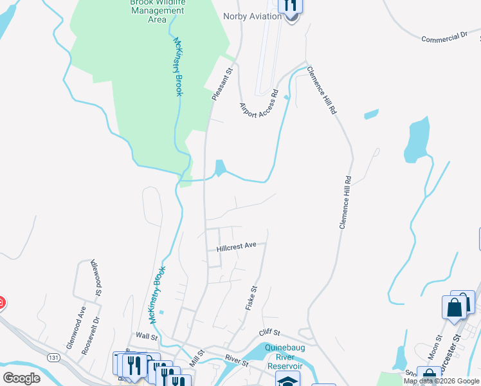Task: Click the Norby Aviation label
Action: point(252,16)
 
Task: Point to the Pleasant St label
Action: point(222,84)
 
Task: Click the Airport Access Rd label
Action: point(259,104)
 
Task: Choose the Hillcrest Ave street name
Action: point(237,246)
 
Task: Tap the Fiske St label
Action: point(251,299)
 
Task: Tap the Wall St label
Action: point(147,336)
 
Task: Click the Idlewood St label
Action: point(96,277)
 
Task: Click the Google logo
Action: point(22,378)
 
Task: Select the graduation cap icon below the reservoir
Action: point(287,380)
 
